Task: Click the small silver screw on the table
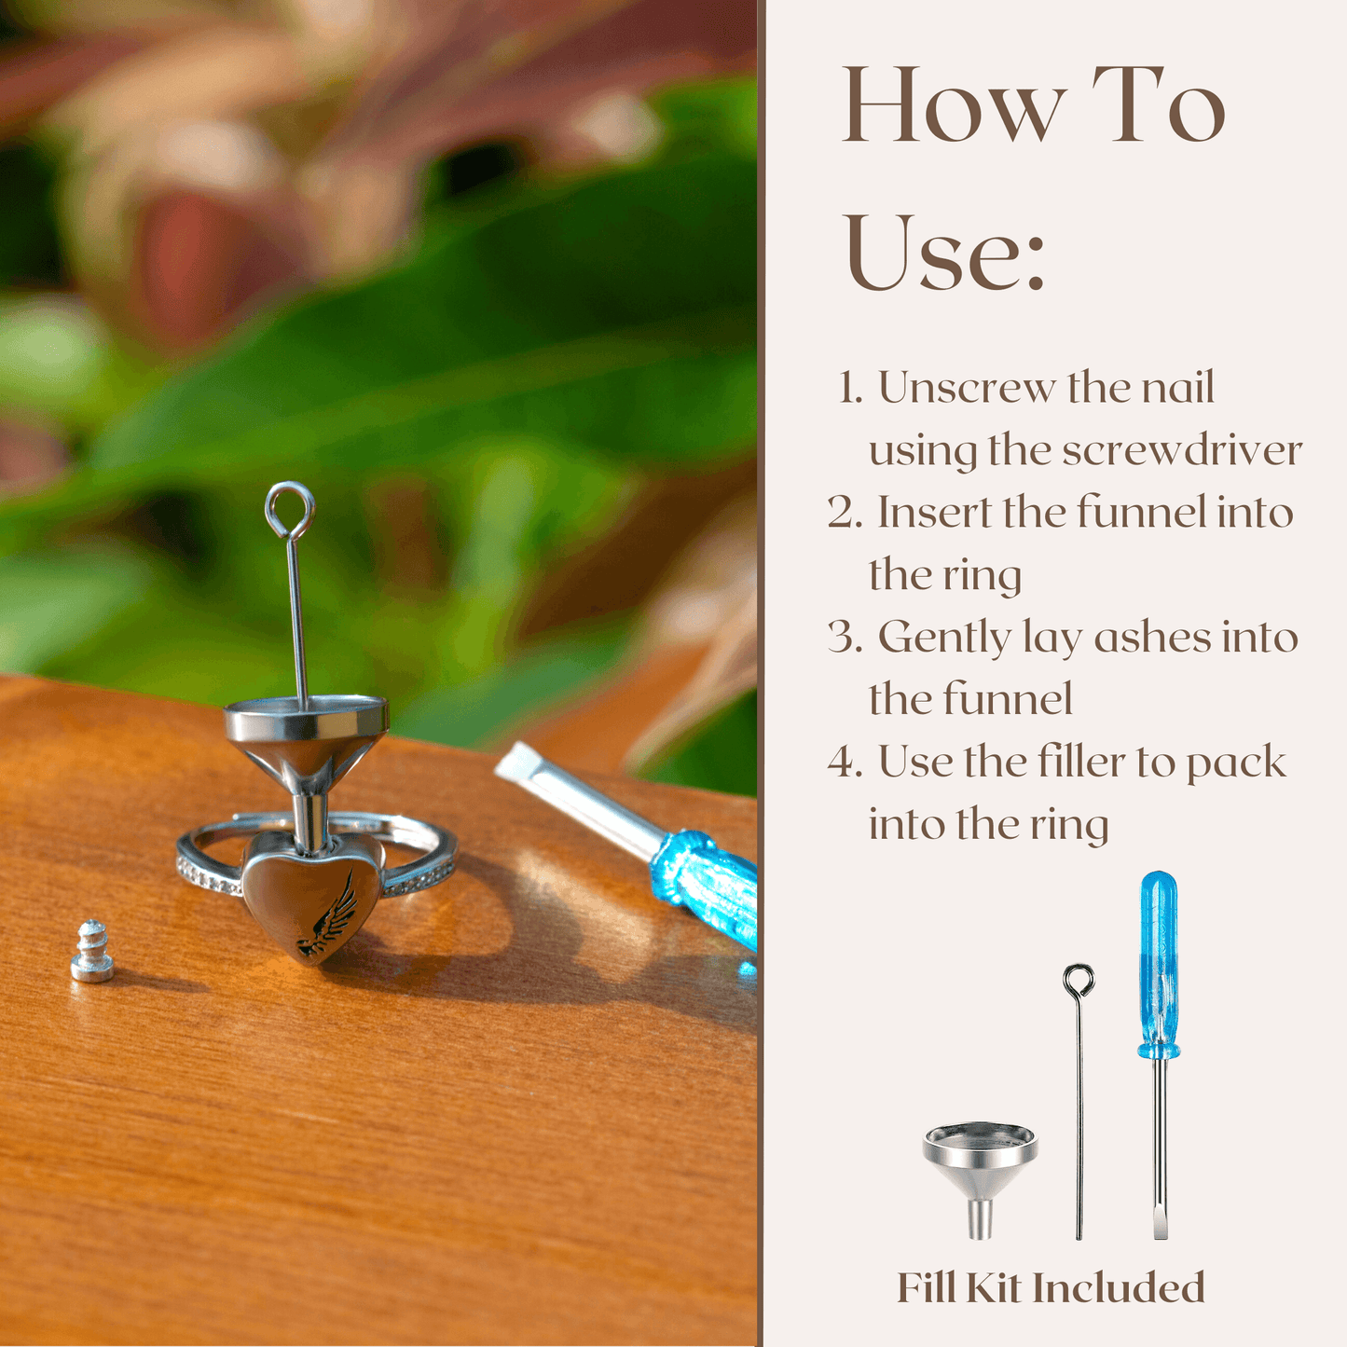(x=92, y=952)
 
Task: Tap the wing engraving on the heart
(x=326, y=914)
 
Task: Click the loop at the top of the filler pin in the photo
(x=289, y=510)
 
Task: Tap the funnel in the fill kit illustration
(x=980, y=1179)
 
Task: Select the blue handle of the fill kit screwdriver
(x=1159, y=965)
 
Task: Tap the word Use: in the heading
(x=946, y=254)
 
